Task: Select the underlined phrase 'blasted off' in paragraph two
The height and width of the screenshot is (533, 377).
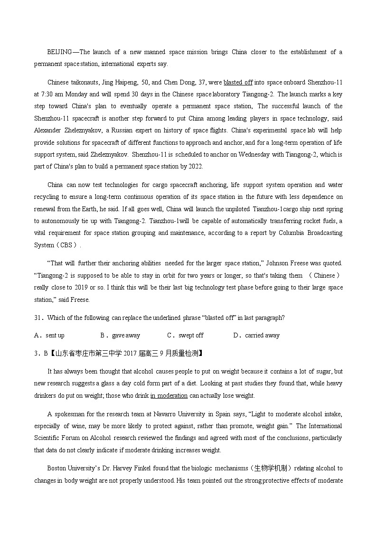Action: point(238,82)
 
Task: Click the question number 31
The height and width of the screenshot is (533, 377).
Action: point(38,318)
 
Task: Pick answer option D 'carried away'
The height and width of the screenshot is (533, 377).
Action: point(262,335)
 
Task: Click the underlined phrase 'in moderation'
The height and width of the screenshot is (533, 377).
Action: point(169,395)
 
